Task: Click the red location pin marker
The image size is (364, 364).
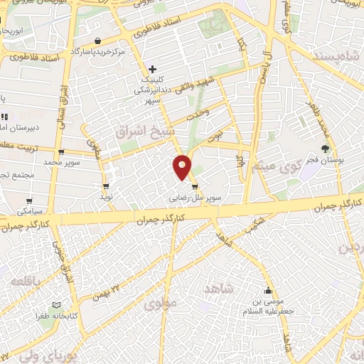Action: coord(183,167)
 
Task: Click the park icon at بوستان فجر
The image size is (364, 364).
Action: coord(325,149)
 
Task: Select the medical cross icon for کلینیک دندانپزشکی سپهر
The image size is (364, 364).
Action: coord(152,69)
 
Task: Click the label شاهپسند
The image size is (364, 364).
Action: coord(333,55)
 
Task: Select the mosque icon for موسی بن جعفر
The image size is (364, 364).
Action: coord(268,291)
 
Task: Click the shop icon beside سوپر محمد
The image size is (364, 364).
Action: coord(62,151)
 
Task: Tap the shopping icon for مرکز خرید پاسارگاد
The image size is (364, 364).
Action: coord(96,41)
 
